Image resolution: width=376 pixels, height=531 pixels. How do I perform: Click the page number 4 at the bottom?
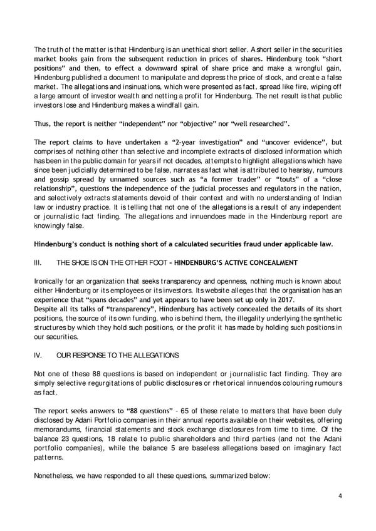click(339, 496)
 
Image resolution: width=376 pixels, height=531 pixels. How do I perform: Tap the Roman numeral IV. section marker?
click(38, 355)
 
